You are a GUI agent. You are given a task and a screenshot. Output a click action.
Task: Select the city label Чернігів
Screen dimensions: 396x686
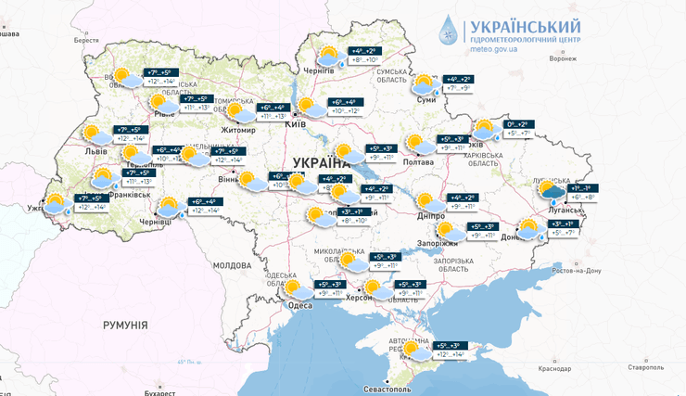coord(319,70)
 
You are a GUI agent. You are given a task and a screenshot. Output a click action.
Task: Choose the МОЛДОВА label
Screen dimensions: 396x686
coord(232,265)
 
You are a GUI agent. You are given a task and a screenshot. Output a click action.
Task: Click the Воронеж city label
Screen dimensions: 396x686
coord(562,58)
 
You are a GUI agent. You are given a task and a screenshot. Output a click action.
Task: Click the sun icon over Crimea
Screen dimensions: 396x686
coord(416,351)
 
